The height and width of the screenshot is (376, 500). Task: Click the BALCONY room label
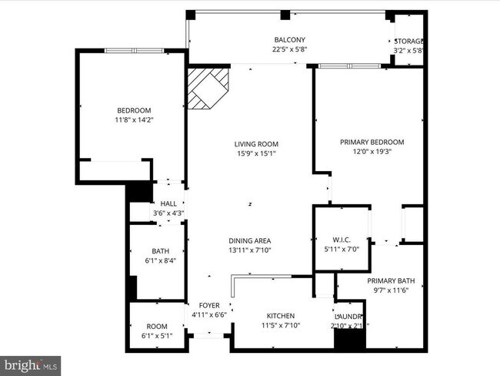tap(290, 40)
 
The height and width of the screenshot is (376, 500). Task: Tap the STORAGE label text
tap(409, 41)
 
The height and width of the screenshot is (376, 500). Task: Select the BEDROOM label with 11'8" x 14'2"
tap(134, 110)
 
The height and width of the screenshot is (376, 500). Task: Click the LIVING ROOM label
tap(256, 144)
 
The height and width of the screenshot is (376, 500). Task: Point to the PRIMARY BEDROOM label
tap(372, 143)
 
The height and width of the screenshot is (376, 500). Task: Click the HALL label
tap(168, 203)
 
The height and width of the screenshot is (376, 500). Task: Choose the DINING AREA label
tap(249, 240)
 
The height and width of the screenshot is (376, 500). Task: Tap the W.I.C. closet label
tap(341, 239)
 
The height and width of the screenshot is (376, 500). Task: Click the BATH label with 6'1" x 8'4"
tap(161, 251)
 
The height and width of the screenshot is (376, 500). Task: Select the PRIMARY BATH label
tap(391, 281)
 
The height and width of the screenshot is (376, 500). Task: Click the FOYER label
tap(210, 305)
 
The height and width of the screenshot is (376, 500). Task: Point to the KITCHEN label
tap(281, 317)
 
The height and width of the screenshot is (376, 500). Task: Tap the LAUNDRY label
tap(348, 317)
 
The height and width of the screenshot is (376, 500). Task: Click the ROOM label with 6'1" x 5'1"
tap(157, 326)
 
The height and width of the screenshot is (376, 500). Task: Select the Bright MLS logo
tap(31, 362)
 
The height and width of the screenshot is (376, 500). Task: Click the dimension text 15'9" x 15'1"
tap(256, 153)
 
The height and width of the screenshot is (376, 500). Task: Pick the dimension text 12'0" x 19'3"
tap(372, 152)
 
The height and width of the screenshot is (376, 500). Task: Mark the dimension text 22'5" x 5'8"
tap(290, 51)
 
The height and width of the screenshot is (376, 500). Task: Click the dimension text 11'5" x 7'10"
tap(281, 326)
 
